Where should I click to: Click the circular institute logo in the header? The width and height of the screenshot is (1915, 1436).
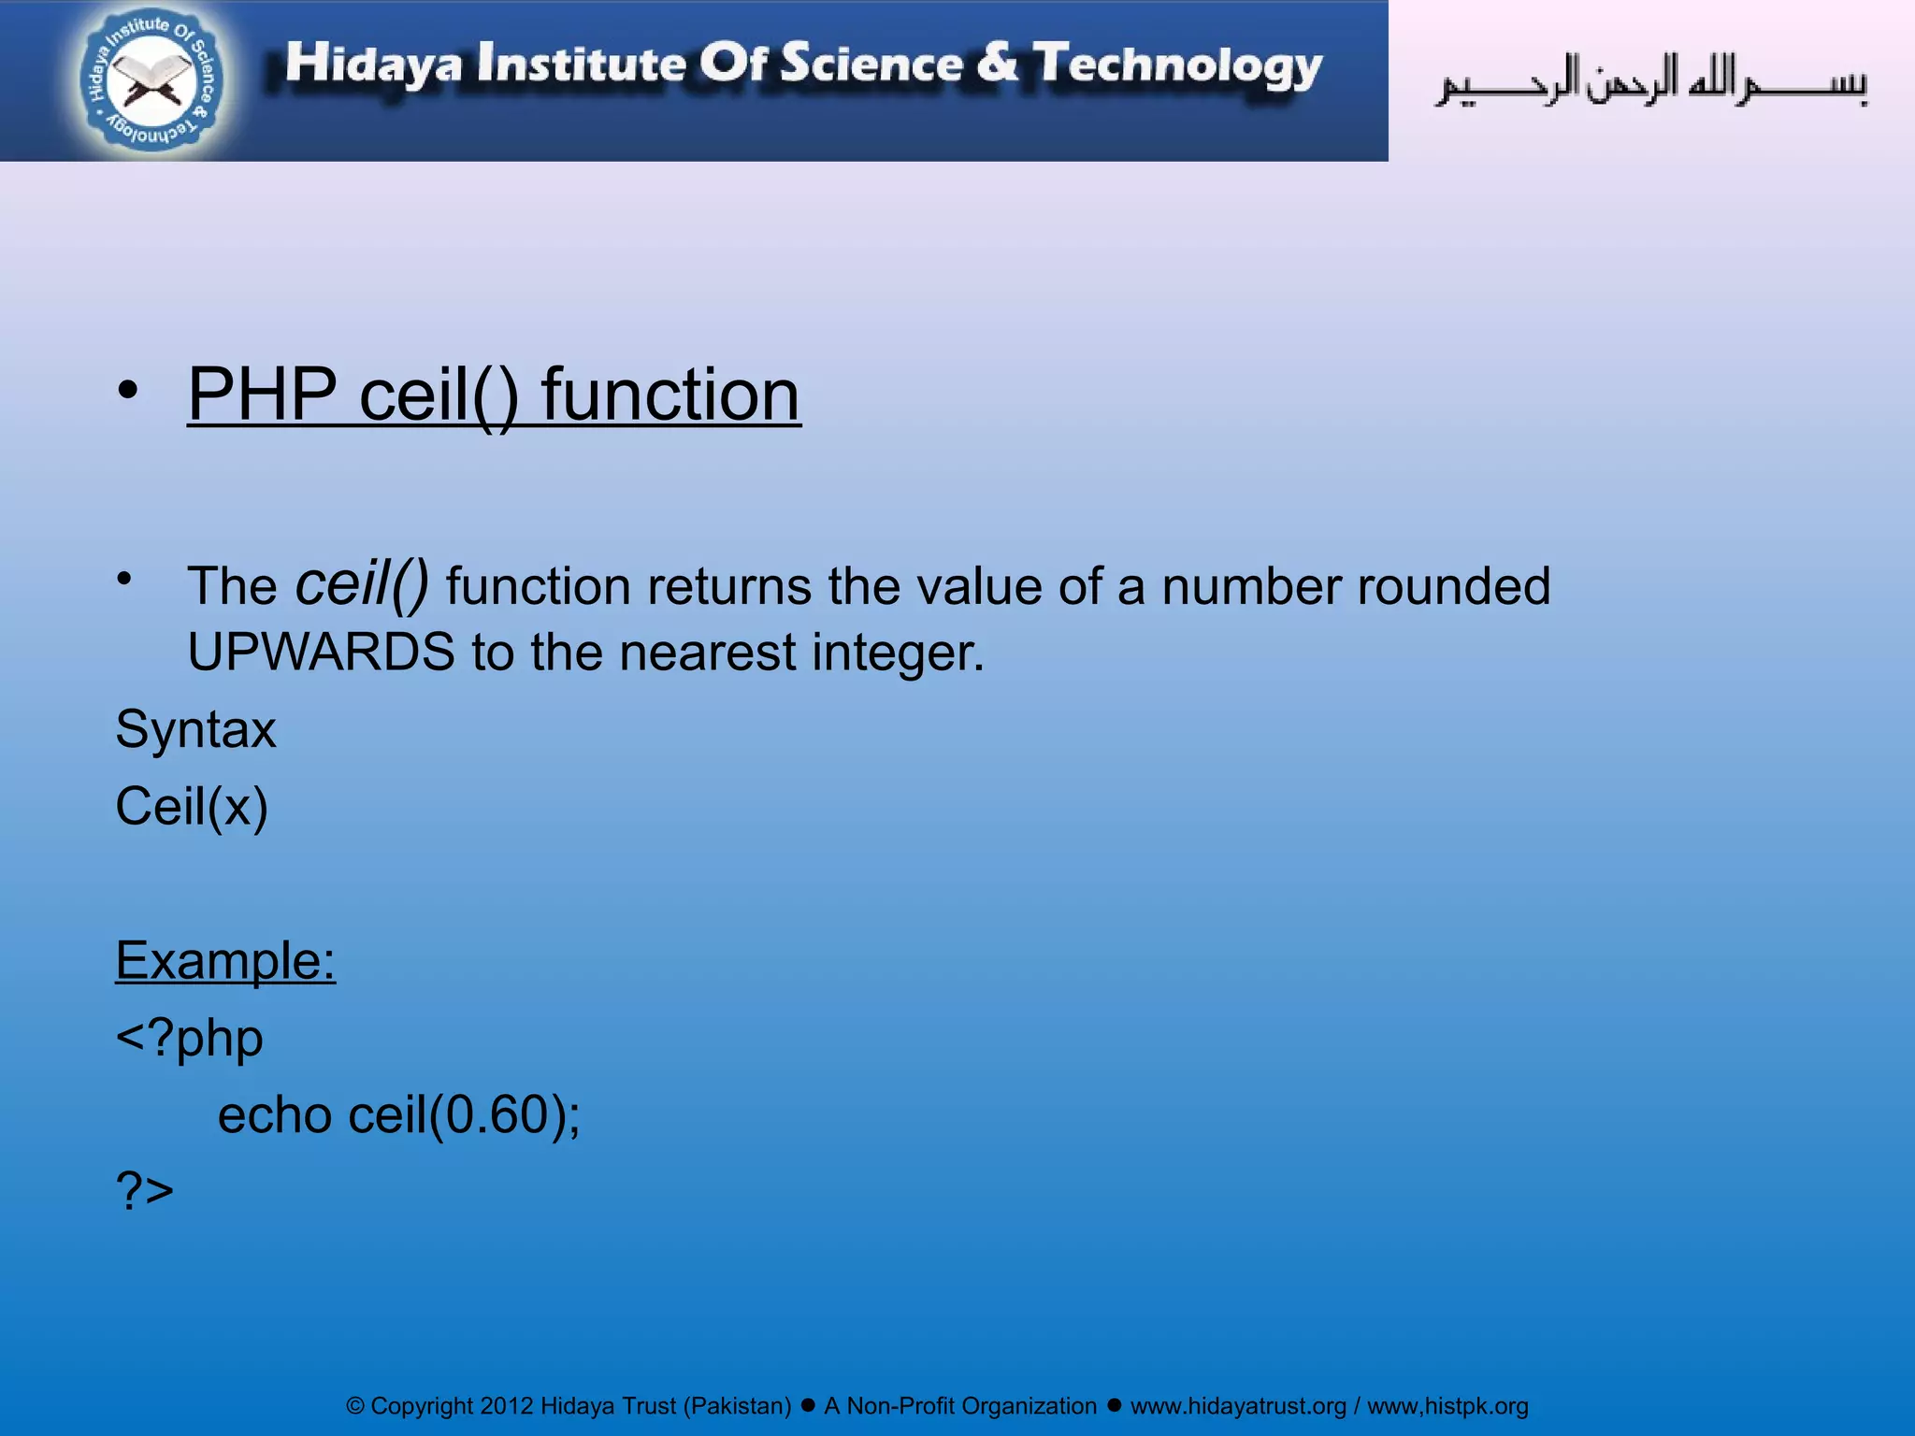pyautogui.click(x=152, y=81)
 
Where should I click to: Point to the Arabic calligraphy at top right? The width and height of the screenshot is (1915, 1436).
pyautogui.click(x=1650, y=81)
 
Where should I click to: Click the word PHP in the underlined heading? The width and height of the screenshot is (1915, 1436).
pyautogui.click(x=263, y=395)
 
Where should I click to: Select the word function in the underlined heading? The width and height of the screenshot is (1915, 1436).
pyautogui.click(x=670, y=395)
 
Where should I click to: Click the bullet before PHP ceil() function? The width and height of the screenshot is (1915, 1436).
pyautogui.click(x=128, y=391)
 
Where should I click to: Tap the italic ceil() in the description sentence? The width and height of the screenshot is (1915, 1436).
pyautogui.click(x=362, y=583)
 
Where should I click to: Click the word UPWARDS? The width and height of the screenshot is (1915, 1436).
pyautogui.click(x=321, y=652)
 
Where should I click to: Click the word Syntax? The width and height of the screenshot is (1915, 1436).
pyautogui.click(x=195, y=729)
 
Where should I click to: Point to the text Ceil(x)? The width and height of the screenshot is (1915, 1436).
pyautogui.click(x=192, y=806)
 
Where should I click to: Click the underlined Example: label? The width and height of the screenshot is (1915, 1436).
pyautogui.click(x=225, y=960)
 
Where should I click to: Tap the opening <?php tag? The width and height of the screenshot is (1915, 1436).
pyautogui.click(x=189, y=1038)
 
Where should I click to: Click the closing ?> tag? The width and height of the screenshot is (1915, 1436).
pyautogui.click(x=145, y=1191)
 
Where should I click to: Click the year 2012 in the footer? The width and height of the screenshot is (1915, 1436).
pyautogui.click(x=506, y=1406)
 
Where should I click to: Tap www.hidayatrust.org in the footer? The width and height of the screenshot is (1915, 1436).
pyautogui.click(x=1238, y=1406)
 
